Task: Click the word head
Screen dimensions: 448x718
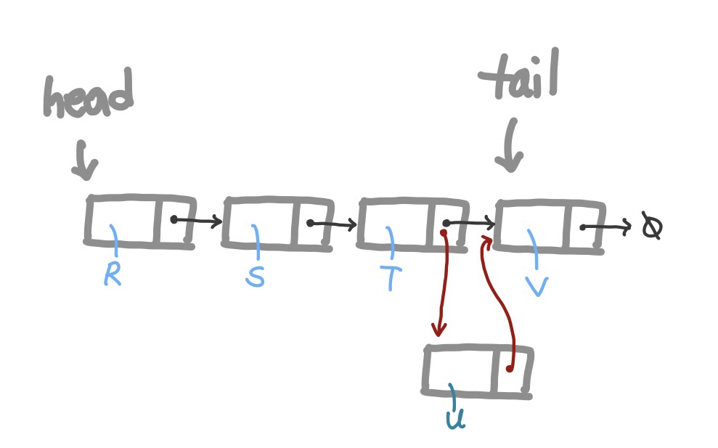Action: (88, 95)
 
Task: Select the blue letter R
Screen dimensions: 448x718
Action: (112, 273)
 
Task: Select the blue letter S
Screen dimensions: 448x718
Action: (254, 276)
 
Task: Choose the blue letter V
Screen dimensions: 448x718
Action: (536, 284)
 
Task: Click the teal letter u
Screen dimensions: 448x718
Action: (455, 418)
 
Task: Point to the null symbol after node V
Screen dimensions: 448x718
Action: (651, 227)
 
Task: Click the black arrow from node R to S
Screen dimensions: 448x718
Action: (197, 220)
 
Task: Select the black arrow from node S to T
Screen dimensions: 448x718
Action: (333, 224)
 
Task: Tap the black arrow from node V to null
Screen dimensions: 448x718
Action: (606, 228)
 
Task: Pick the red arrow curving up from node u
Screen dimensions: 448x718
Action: (503, 298)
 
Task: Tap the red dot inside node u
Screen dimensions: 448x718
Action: (510, 369)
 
